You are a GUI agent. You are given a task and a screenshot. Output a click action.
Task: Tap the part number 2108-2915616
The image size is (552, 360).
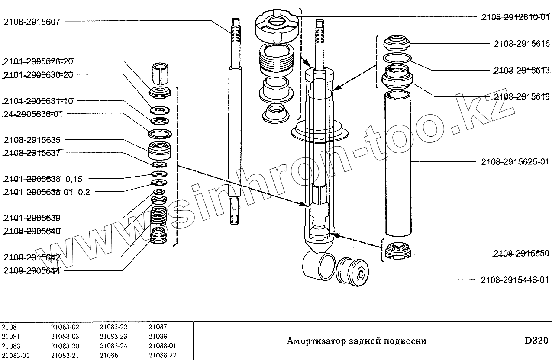(x=522, y=44)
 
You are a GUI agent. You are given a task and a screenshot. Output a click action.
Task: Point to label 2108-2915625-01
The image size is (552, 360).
(x=515, y=162)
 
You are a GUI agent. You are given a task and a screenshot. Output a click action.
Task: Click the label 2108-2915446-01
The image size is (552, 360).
(x=515, y=280)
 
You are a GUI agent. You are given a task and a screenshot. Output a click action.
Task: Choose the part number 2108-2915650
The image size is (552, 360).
(x=521, y=253)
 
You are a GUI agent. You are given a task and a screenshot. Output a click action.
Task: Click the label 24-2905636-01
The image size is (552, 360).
(x=33, y=114)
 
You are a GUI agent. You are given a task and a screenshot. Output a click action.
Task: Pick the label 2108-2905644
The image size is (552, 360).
(x=32, y=271)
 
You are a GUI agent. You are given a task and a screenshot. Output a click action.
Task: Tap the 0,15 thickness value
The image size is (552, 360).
(x=74, y=178)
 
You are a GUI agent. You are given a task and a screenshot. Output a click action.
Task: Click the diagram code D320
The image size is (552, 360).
(x=536, y=341)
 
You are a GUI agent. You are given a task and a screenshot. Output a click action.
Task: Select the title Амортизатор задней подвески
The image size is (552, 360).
(x=356, y=341)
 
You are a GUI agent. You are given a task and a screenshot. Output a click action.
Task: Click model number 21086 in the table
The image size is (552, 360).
(x=108, y=355)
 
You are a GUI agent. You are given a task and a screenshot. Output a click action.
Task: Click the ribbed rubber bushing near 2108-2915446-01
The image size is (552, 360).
(x=352, y=271)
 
